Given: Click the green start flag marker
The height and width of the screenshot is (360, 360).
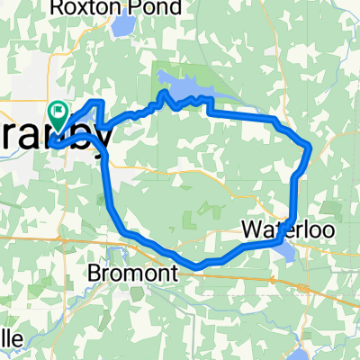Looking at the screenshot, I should (x=59, y=113).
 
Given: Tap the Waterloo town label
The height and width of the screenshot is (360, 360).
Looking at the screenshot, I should (x=275, y=230).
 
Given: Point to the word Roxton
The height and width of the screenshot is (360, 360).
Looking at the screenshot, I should (x=106, y=8).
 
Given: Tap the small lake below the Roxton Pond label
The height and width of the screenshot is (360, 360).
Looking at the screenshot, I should (x=121, y=27).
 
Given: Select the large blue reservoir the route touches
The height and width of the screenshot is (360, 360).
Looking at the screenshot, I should (x=184, y=87).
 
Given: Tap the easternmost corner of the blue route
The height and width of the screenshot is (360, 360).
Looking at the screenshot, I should (x=310, y=146).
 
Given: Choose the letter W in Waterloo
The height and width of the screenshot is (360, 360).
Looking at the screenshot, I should (x=248, y=230).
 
